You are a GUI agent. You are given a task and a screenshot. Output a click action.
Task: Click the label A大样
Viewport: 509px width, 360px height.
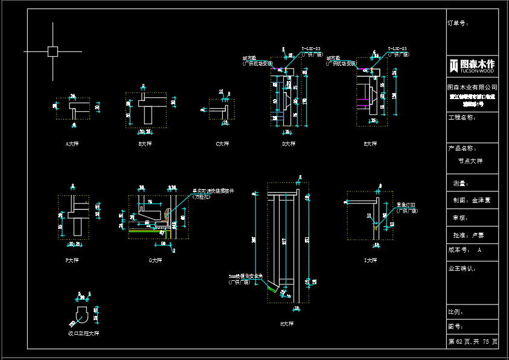pos(72,144)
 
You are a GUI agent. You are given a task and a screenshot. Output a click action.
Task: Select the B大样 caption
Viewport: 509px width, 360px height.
pos(145,144)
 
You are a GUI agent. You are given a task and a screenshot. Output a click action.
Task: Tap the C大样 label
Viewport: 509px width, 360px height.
pos(222,144)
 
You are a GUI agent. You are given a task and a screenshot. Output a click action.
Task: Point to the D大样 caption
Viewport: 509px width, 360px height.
pos(289,144)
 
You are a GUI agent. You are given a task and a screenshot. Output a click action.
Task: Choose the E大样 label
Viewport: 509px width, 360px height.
pos(370,144)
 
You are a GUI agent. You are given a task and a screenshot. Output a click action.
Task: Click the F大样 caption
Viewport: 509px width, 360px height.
pos(72,260)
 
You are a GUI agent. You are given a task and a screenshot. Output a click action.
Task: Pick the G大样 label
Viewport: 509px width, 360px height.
pos(156,260)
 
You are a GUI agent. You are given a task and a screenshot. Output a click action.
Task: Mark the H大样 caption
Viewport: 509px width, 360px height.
pos(286,324)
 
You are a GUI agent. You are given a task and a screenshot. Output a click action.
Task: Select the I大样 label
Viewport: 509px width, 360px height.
pos(370,260)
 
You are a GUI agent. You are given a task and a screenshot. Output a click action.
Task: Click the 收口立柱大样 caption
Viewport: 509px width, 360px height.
pos(83,333)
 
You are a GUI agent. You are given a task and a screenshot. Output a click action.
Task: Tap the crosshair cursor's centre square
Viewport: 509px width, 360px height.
pos(53,51)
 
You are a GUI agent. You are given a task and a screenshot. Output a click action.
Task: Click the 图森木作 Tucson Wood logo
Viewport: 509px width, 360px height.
pos(472,66)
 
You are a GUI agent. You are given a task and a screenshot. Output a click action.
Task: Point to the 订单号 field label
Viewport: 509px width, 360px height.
pos(458,24)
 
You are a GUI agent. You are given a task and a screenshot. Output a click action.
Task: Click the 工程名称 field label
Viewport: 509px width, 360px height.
pos(462,117)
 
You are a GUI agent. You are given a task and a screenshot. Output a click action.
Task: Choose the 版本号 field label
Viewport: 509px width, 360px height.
pos(458,249)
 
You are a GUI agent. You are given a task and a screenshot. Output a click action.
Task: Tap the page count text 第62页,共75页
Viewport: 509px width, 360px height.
pos(473,342)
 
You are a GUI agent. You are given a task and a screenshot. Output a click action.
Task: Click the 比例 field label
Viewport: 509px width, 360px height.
pos(456,312)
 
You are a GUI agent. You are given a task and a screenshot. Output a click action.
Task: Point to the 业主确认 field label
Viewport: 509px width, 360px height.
pos(462,268)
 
